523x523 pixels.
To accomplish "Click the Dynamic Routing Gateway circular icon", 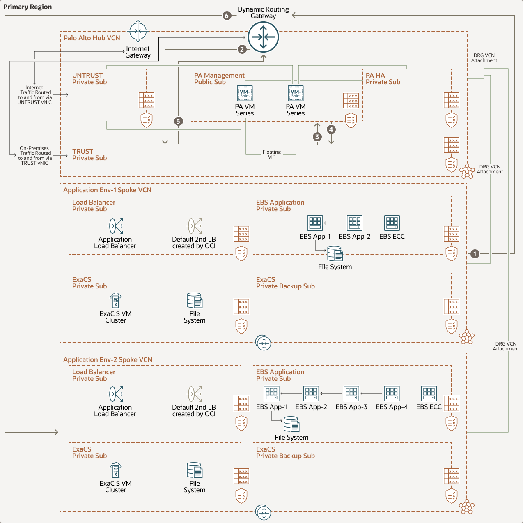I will pos(264,37).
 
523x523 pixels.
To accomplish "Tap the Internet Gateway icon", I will pos(138,31).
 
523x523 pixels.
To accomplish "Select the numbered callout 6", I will pos(227,16).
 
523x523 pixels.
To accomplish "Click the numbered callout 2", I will pos(242,49).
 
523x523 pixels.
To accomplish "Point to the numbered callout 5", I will pos(178,121).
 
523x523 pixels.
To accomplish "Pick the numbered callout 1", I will pos(475,254).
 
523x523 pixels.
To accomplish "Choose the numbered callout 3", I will pos(317,137).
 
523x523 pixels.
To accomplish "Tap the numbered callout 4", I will pos(331,129).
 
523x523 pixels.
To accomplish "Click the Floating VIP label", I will pos(272,154).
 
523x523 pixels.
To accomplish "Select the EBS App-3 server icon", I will pos(351,394).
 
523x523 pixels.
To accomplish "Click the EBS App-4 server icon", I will pos(392,394).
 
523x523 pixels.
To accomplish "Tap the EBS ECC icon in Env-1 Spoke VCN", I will pos(392,223).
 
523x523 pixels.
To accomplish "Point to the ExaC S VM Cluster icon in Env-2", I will pos(116,470).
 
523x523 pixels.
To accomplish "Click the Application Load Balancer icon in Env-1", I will pos(116,226).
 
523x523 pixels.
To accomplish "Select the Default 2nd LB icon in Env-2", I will pos(195,394).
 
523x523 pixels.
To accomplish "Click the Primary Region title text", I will pos(28,7).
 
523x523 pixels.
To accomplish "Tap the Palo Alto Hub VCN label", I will pos(92,38).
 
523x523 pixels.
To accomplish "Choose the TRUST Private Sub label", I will pos(89,154).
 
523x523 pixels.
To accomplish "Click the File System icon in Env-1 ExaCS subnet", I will pos(195,300).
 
